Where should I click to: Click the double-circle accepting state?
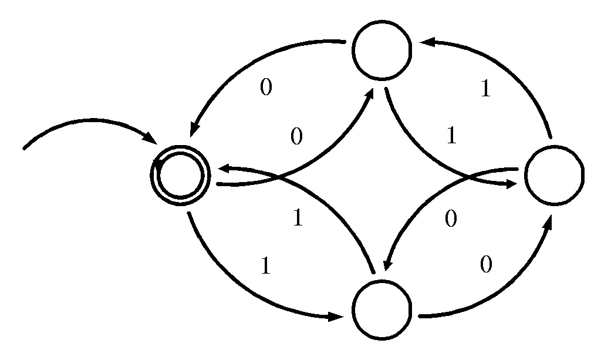coord(180,174)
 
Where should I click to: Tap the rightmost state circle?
coord(554,176)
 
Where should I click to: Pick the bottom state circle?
coord(382,310)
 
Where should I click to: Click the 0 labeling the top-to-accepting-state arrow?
coord(266,88)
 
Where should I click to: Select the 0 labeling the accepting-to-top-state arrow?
coord(297,137)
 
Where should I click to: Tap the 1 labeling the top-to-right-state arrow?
coord(451,136)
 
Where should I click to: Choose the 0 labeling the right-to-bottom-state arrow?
coord(451,219)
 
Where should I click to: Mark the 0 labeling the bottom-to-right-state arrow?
coord(485,265)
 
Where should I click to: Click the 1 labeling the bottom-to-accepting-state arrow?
coord(298,218)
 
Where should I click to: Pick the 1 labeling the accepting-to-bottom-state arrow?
coord(265,267)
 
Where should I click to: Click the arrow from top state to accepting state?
coord(247,70)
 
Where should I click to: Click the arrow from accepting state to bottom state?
coord(247,288)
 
